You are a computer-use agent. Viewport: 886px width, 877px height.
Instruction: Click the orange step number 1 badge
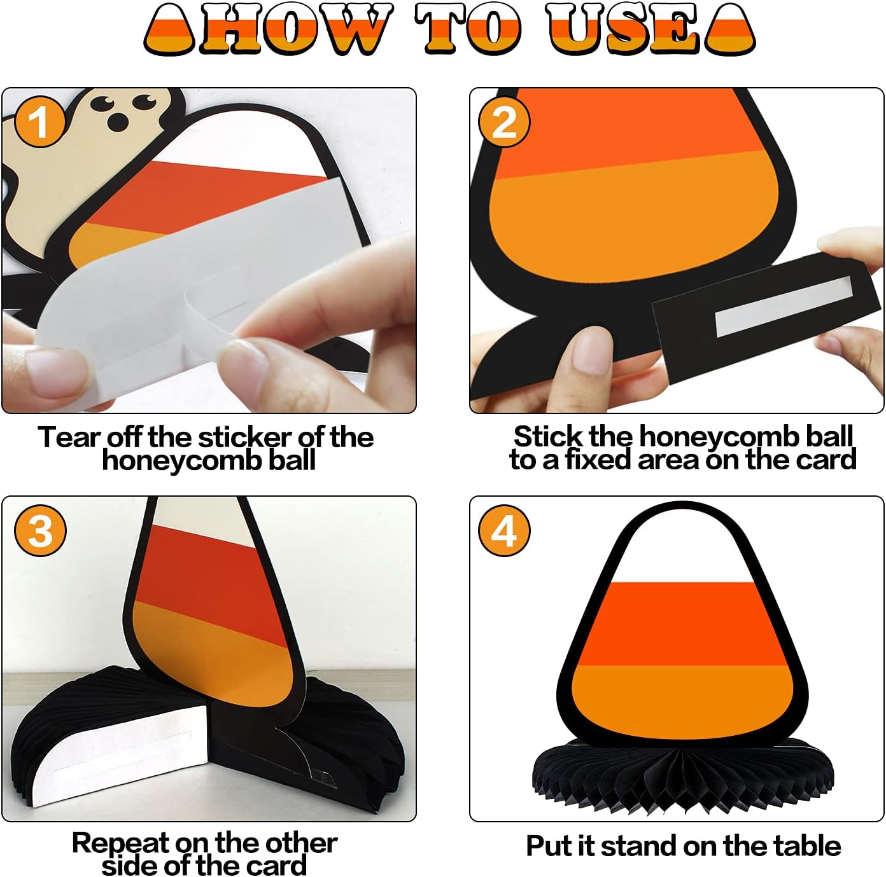click(39, 121)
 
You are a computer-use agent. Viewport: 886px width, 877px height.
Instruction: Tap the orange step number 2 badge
click(504, 121)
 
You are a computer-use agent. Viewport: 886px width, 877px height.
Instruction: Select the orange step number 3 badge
click(40, 530)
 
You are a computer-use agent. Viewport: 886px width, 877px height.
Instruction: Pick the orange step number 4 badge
click(504, 530)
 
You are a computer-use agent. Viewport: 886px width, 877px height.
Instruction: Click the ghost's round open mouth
click(118, 121)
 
